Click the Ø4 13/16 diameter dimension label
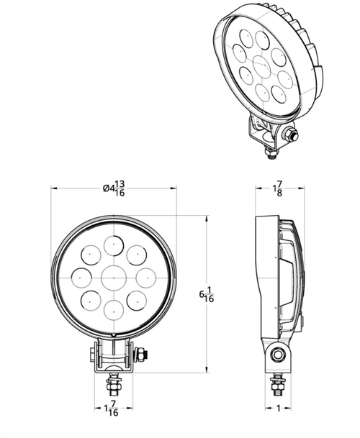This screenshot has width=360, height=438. click(x=114, y=188)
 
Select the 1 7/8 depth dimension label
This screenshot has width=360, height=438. click(x=278, y=188)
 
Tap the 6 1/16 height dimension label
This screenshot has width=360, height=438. click(x=207, y=294)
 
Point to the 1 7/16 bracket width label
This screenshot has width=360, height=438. click(x=111, y=409)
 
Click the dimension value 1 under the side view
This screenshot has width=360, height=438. click(x=279, y=409)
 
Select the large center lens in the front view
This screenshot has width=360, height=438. click(x=114, y=278)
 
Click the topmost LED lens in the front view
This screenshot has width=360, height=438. click(x=114, y=245)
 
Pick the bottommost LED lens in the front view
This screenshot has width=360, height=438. click(x=114, y=311)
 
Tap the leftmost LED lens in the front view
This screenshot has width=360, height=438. click(x=81, y=278)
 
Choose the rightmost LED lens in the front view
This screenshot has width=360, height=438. click(x=146, y=278)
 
